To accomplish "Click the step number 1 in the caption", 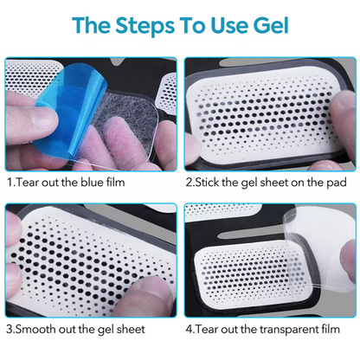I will (9, 183).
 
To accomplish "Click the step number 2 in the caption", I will (188, 183).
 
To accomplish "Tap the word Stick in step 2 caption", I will (208, 183).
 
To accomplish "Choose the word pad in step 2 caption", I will (337, 183).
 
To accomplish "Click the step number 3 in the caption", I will (9, 331).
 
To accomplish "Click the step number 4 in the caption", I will (188, 331).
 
